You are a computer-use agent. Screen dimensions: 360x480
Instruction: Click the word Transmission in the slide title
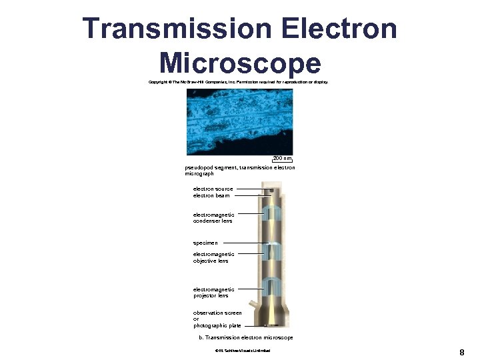(175, 29)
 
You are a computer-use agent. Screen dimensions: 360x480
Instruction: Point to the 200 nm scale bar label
(282, 159)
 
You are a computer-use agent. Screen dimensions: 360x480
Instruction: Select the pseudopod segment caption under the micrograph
(239, 171)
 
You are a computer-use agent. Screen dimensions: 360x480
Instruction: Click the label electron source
(213, 189)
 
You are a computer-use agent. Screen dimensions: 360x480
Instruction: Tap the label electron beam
(211, 195)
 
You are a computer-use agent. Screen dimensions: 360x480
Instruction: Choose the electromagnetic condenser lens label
(213, 218)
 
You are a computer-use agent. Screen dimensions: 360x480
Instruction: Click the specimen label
(205, 243)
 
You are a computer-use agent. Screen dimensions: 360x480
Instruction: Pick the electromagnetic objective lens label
(213, 257)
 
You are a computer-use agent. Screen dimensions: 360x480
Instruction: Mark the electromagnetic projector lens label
(213, 293)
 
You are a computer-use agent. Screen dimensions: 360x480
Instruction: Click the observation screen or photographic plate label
(217, 319)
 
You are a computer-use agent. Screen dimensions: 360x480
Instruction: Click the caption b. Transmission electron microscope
(246, 338)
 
